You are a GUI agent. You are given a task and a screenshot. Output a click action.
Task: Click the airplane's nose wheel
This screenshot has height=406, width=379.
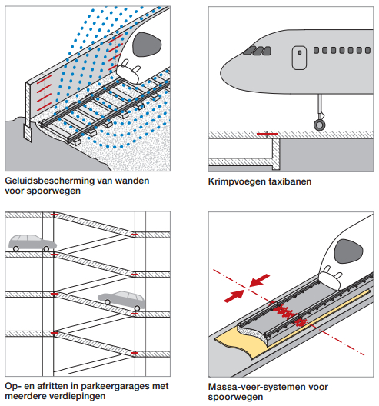pos(320,125)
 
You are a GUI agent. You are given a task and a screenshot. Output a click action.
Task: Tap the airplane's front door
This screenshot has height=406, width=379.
pos(299,58)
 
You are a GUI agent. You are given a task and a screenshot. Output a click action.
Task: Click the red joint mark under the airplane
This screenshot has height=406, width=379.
pos(268,134)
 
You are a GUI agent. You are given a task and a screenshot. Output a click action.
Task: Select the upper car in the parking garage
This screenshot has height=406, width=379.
pos(32,243)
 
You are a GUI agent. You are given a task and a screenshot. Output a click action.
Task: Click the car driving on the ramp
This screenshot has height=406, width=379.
pos(122,301)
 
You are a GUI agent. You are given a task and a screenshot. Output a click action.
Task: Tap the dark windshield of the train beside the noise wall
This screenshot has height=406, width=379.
pos(147,45)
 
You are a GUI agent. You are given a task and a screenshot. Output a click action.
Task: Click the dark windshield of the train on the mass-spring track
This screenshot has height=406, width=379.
pos(348,251)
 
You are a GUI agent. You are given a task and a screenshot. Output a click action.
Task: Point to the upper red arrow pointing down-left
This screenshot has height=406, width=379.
pos(259,281)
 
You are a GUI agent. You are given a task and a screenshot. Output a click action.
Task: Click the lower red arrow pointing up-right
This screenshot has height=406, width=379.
pos(234,296)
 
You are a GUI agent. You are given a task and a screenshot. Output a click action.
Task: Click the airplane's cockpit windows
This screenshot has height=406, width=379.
pos(257,51)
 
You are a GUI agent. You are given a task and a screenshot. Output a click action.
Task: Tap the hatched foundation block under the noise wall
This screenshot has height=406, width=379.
pos(28,132)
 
